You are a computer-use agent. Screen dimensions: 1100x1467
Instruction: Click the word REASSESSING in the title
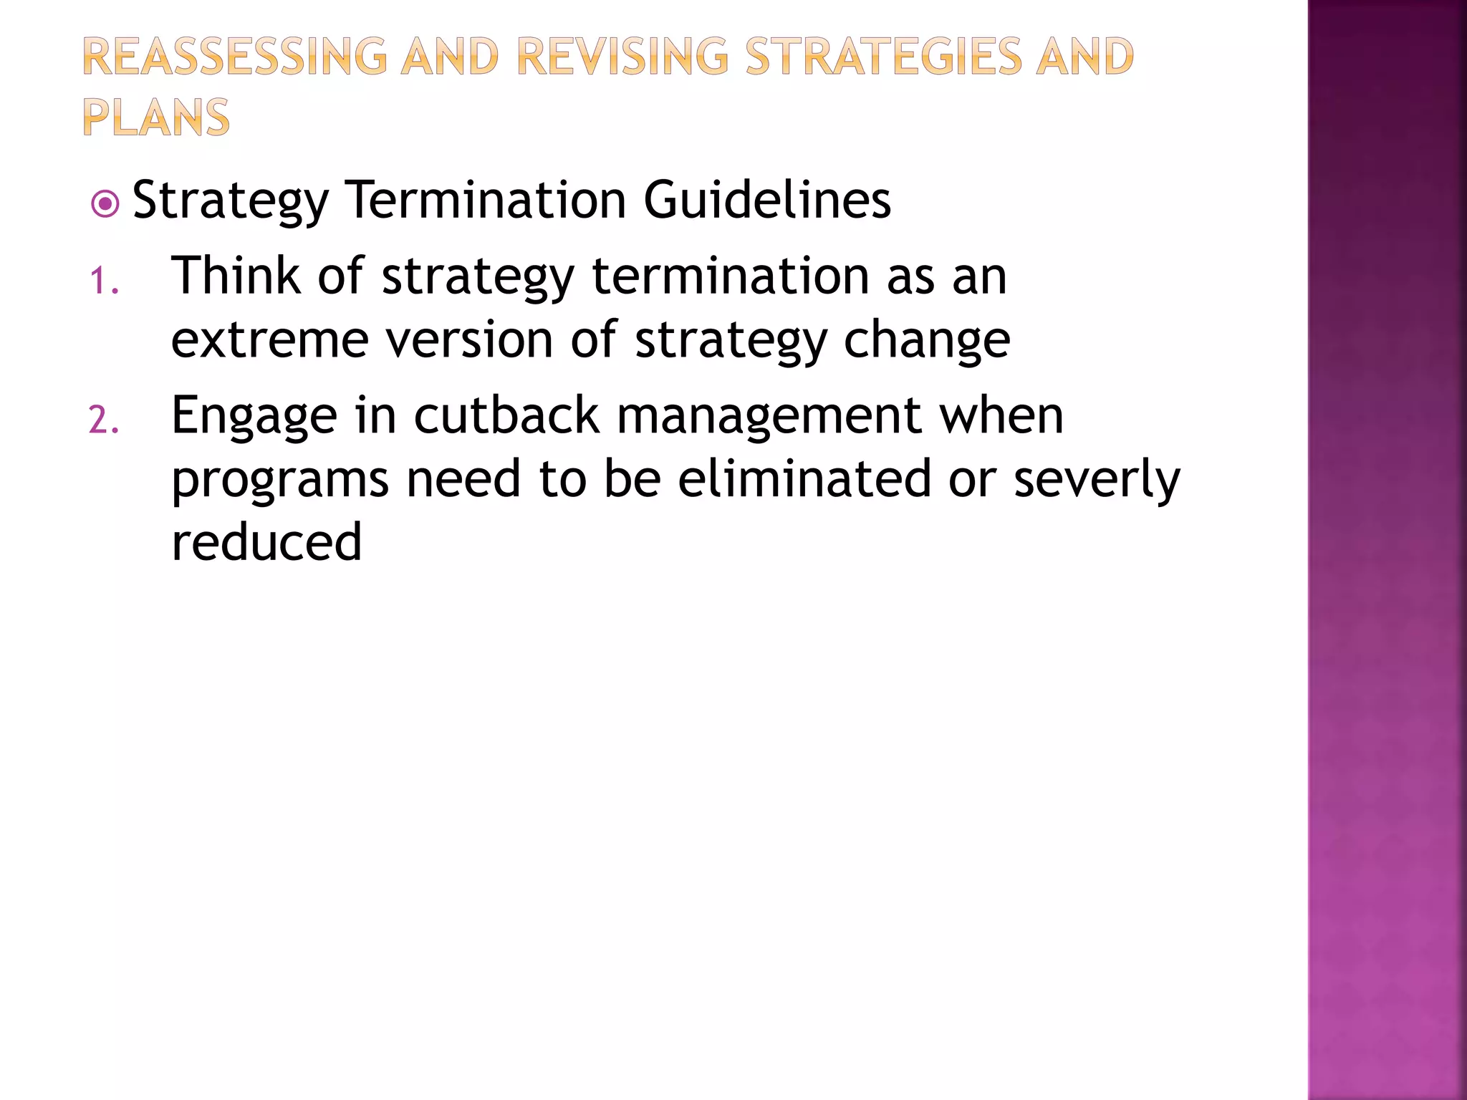234,57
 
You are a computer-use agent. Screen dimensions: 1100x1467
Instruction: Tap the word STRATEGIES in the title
882,57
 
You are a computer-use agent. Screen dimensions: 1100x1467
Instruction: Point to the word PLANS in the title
156,118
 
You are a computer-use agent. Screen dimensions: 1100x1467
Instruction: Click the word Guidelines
767,200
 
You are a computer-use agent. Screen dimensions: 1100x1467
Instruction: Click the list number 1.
104,281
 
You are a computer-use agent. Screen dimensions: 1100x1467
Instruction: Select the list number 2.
104,420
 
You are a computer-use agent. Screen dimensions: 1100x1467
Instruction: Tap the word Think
236,276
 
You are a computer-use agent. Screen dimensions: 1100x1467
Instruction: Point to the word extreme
270,341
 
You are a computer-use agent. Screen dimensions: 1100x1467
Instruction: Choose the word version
469,339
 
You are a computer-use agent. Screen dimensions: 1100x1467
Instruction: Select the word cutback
506,415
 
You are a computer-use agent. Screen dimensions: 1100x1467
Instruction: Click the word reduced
266,542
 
